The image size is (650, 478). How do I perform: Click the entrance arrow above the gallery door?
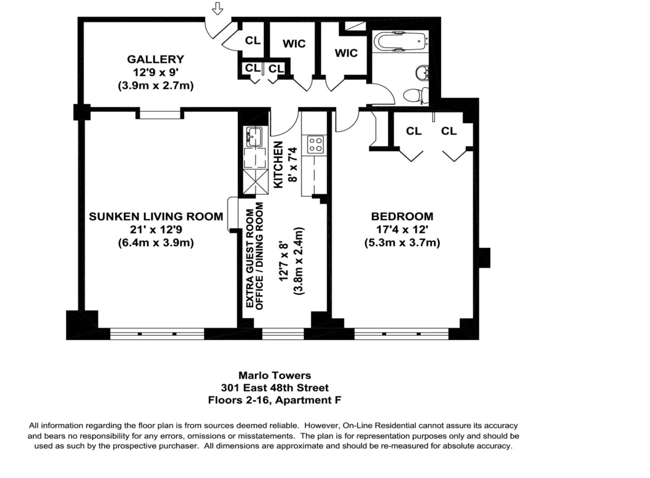[217, 9]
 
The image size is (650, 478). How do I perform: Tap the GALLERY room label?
[155, 60]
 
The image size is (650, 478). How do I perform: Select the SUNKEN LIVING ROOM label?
[156, 217]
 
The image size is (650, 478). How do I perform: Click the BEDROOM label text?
[402, 217]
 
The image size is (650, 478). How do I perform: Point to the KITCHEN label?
[278, 165]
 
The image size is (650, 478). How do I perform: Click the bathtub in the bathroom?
[400, 42]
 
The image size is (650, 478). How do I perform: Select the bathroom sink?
[422, 72]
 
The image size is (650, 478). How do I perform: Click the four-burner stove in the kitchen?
[316, 144]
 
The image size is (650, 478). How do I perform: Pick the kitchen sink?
[253, 136]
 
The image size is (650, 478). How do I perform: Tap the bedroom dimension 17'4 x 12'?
[402, 230]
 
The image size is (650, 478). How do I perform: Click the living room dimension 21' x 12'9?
[156, 230]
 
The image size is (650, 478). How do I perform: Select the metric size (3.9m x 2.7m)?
[155, 85]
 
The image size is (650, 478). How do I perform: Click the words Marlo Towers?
[275, 375]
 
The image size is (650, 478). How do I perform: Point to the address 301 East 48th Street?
[275, 388]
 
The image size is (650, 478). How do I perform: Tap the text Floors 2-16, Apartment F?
[275, 401]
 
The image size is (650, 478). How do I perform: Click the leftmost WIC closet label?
[294, 44]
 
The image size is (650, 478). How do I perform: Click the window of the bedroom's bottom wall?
[401, 333]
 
